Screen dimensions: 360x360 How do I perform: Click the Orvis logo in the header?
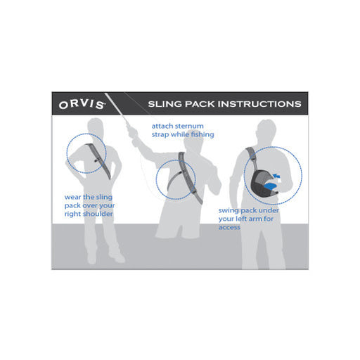[82, 104]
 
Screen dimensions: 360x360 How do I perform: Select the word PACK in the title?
[201, 104]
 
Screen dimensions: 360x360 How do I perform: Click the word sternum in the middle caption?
[189, 126]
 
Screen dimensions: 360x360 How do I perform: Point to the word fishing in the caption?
[202, 134]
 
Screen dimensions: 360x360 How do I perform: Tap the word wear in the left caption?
[72, 198]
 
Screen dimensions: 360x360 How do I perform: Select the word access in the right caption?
[229, 227]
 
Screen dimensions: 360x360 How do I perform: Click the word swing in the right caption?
[229, 211]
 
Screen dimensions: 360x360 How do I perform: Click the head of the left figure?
[96, 126]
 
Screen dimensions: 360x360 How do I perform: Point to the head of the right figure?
[266, 129]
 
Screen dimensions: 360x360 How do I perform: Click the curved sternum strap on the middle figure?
[173, 181]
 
